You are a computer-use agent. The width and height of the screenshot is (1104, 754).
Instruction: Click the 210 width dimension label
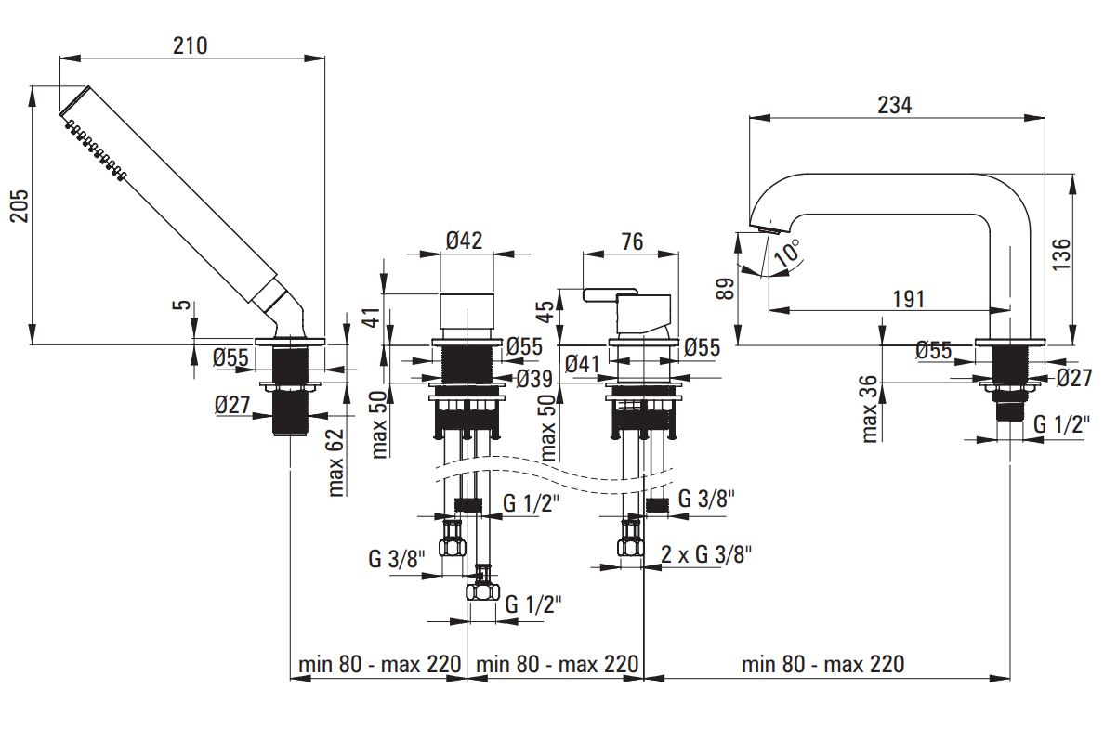[191, 45]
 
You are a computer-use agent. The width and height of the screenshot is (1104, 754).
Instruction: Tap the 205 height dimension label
[20, 205]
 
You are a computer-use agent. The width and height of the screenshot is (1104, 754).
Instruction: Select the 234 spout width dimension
[895, 105]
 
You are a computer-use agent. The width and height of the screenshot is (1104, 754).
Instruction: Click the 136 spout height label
[1061, 254]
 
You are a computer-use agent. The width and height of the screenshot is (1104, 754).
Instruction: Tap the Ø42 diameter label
[465, 240]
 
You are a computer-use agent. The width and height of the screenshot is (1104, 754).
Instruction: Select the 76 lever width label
[632, 241]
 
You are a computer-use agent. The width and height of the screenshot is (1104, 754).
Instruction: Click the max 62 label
[336, 462]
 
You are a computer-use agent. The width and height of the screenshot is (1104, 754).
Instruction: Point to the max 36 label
[870, 409]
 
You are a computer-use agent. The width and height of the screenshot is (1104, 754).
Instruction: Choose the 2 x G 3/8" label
[706, 555]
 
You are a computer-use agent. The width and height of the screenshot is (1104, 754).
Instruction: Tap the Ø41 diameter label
[584, 364]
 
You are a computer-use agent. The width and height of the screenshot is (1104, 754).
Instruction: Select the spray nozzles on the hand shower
[95, 149]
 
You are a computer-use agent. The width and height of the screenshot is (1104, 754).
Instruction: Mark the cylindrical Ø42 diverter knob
[467, 313]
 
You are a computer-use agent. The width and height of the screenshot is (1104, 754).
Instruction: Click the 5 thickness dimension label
[182, 305]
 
